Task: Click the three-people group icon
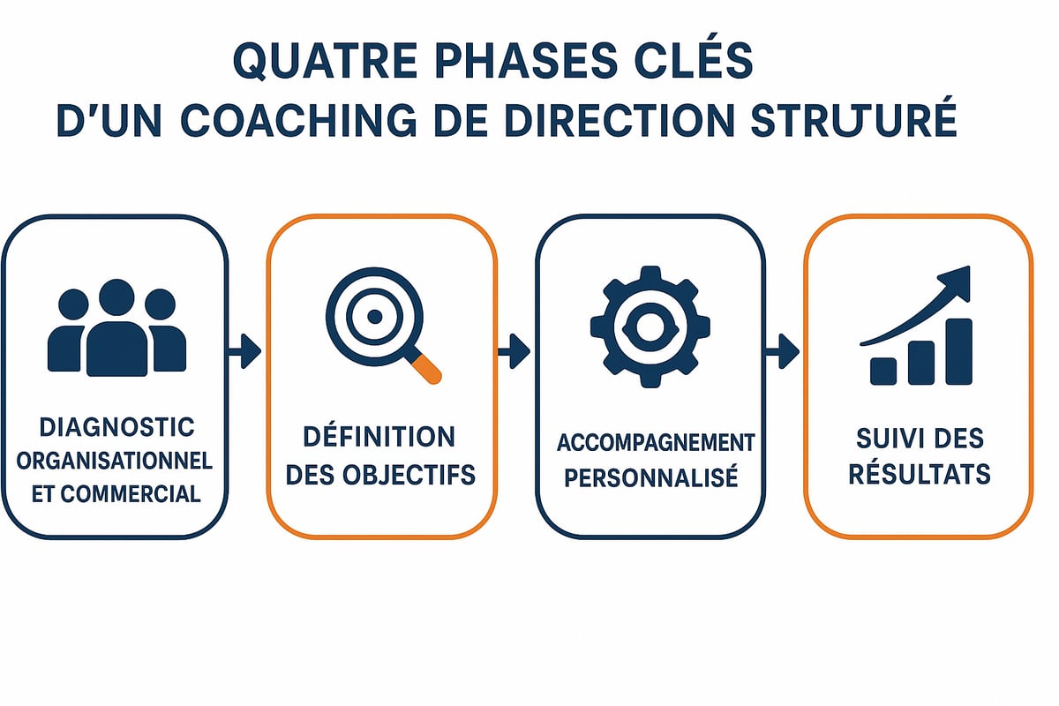coord(116,328)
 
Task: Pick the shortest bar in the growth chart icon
coord(883,371)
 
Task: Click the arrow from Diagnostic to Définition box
coord(244,351)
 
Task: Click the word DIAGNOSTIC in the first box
coord(116,428)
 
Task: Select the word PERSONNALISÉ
coord(650,479)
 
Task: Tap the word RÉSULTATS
coord(919,474)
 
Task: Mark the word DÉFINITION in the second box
coord(379,436)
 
